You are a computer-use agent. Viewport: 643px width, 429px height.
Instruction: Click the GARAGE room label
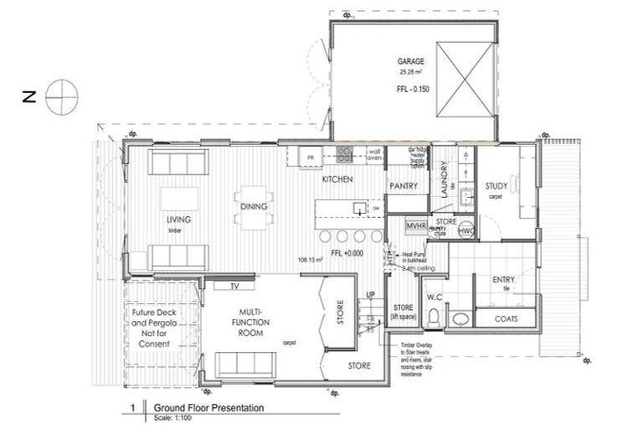pos(411,61)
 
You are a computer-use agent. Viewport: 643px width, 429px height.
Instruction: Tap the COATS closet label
pos(505,318)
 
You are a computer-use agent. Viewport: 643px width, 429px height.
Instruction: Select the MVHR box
pos(417,226)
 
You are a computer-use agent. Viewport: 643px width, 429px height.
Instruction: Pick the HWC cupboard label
pos(466,230)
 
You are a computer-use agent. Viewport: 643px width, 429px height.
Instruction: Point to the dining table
pos(254,206)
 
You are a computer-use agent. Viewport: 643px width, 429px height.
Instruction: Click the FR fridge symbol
pos(310,157)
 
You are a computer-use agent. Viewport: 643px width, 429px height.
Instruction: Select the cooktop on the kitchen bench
pos(344,155)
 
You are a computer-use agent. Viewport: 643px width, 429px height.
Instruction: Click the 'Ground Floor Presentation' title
pos(208,408)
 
